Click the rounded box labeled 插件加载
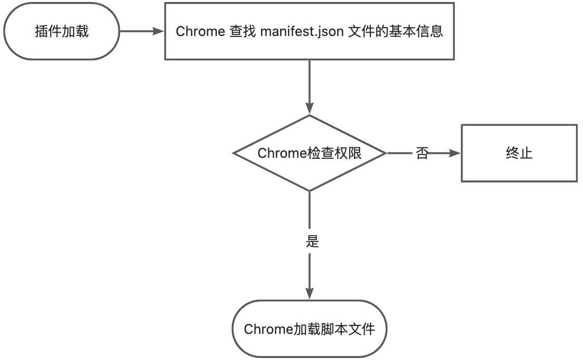[x=62, y=32]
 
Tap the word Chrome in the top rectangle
[x=200, y=32]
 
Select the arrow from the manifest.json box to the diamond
[x=309, y=86]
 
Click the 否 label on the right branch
[x=422, y=153]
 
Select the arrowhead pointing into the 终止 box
[x=454, y=153]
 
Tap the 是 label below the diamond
[x=312, y=242]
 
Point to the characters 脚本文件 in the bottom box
[x=355, y=329]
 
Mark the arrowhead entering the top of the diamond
[x=309, y=109]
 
